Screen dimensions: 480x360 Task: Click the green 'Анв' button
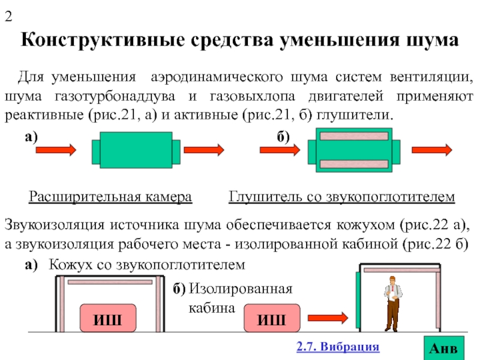444,348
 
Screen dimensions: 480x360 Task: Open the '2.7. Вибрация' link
338,347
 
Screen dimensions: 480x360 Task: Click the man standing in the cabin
393,304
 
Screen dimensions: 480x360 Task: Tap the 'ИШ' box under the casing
108,318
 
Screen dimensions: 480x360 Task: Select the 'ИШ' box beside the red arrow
272,318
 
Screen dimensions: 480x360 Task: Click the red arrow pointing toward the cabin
328,318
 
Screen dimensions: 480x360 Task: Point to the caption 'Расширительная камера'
110,197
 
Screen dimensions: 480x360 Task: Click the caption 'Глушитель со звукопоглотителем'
341,197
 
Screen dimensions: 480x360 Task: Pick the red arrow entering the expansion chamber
56,150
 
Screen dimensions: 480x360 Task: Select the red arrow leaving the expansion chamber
204,150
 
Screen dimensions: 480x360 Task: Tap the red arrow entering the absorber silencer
280,150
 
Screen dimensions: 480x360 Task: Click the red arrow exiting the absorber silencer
432,150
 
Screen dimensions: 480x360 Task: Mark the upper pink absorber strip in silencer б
354,136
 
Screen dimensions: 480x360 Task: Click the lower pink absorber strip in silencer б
354,164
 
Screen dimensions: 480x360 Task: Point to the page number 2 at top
8,16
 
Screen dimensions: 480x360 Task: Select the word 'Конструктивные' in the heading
103,40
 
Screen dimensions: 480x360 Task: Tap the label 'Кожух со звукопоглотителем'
147,265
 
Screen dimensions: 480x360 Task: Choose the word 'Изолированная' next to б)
241,289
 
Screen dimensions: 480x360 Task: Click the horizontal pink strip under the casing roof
110,282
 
